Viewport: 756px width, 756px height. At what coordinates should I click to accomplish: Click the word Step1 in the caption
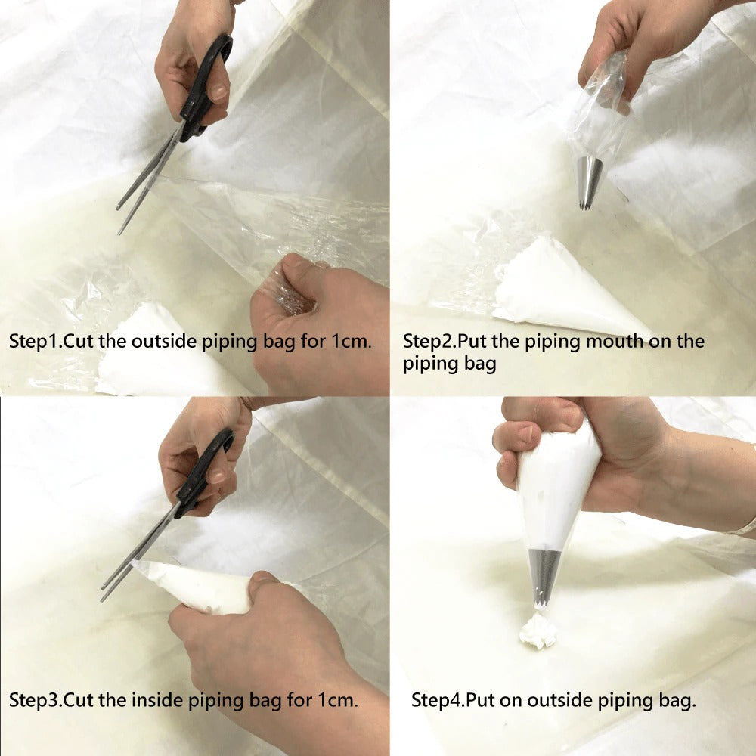(x=34, y=341)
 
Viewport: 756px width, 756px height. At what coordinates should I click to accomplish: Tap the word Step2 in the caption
(x=427, y=341)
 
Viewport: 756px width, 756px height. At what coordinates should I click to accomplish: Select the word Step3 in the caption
(x=34, y=699)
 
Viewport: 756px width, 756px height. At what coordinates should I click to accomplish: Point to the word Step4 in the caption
(x=436, y=699)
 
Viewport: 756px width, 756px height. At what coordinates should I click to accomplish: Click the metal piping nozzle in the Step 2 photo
(x=590, y=181)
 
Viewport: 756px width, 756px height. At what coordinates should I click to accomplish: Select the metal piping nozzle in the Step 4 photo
(x=544, y=575)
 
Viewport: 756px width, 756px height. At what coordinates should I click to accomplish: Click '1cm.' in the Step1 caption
(x=351, y=341)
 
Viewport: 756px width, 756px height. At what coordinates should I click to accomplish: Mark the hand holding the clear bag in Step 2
(x=643, y=45)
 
